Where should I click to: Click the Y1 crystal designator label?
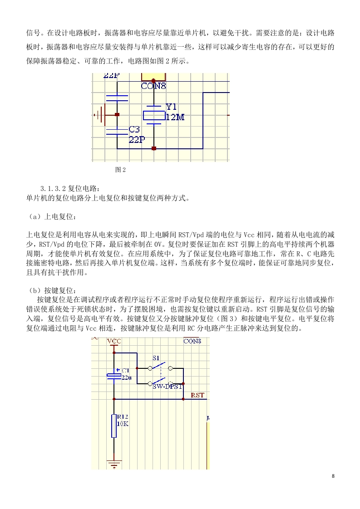coord(171,107)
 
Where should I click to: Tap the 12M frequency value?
coord(175,117)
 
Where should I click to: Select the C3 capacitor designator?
coord(134,129)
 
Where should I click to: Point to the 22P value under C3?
coord(137,140)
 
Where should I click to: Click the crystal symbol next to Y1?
coord(154,115)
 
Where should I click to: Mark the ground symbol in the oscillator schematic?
coord(99,115)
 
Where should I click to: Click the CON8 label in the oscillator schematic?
coord(153,86)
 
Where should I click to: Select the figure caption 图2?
coord(121,170)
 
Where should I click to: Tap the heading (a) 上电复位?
coord(52,216)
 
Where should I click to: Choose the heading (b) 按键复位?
coord(52,290)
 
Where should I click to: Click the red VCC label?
coord(114,341)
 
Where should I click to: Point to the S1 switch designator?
coord(156,358)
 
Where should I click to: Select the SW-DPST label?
coord(168,387)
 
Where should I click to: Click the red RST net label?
coord(197,395)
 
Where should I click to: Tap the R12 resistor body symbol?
coord(114,426)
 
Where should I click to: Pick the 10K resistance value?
coord(123,424)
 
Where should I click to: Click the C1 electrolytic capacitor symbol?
coord(114,376)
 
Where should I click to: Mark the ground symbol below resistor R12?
coord(114,464)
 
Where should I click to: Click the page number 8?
coord(333,476)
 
